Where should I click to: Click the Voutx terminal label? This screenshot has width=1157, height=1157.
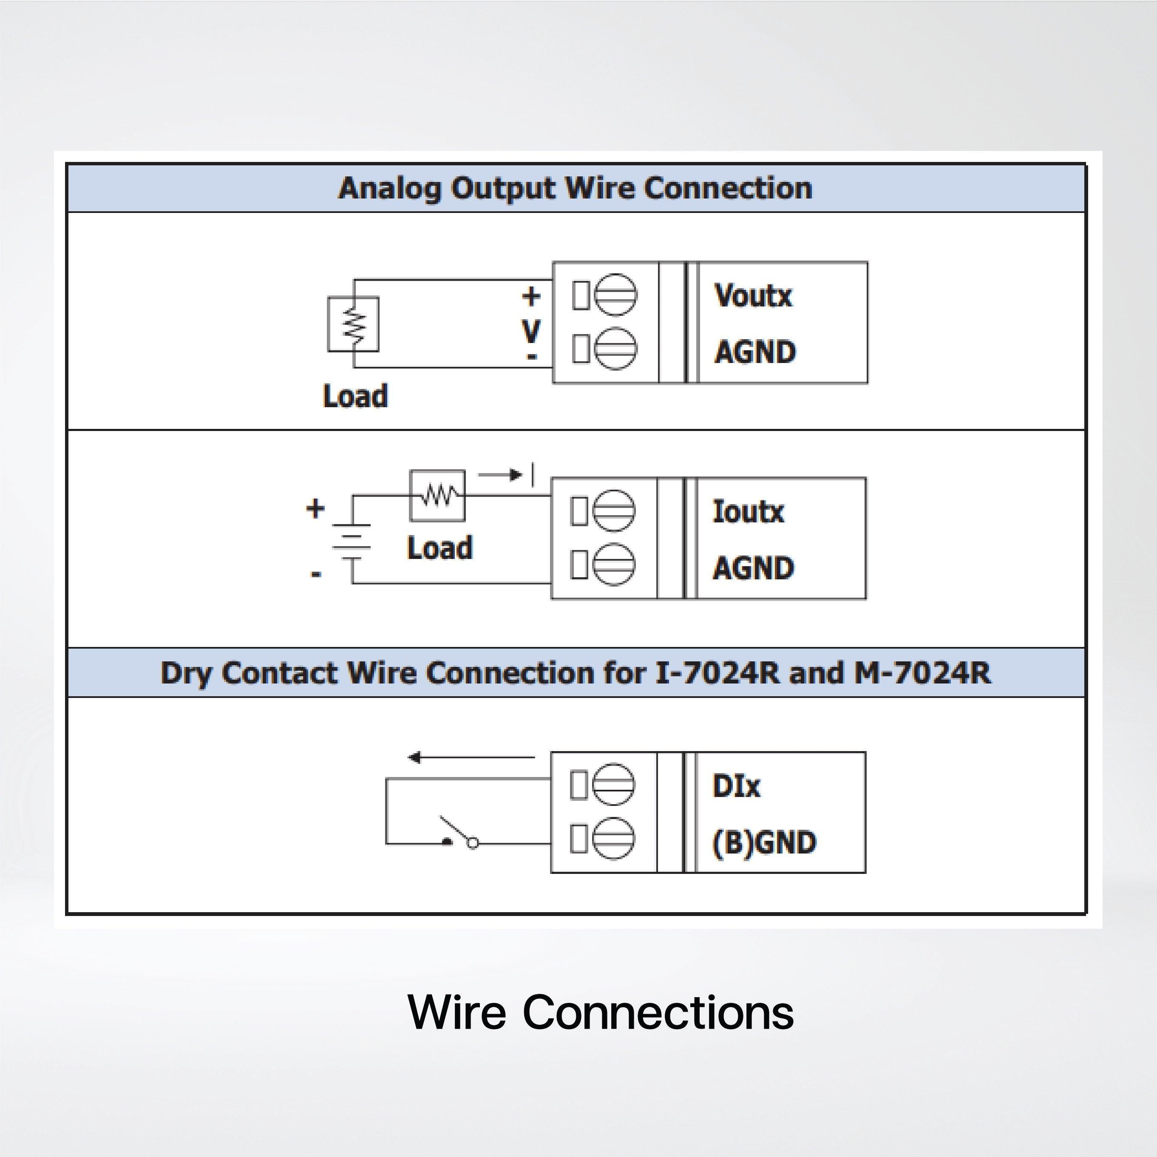[x=753, y=296]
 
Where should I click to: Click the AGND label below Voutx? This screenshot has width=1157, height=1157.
[x=754, y=352]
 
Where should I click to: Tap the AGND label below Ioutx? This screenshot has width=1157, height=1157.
[x=753, y=568]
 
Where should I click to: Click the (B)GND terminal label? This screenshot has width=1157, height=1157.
[x=763, y=842]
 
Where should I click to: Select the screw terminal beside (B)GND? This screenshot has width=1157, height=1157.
[x=614, y=838]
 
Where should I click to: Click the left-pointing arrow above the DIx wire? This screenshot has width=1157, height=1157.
[x=471, y=757]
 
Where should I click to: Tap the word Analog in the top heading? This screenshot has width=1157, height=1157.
[x=389, y=189]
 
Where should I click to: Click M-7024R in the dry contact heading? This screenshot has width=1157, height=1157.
[x=922, y=673]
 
